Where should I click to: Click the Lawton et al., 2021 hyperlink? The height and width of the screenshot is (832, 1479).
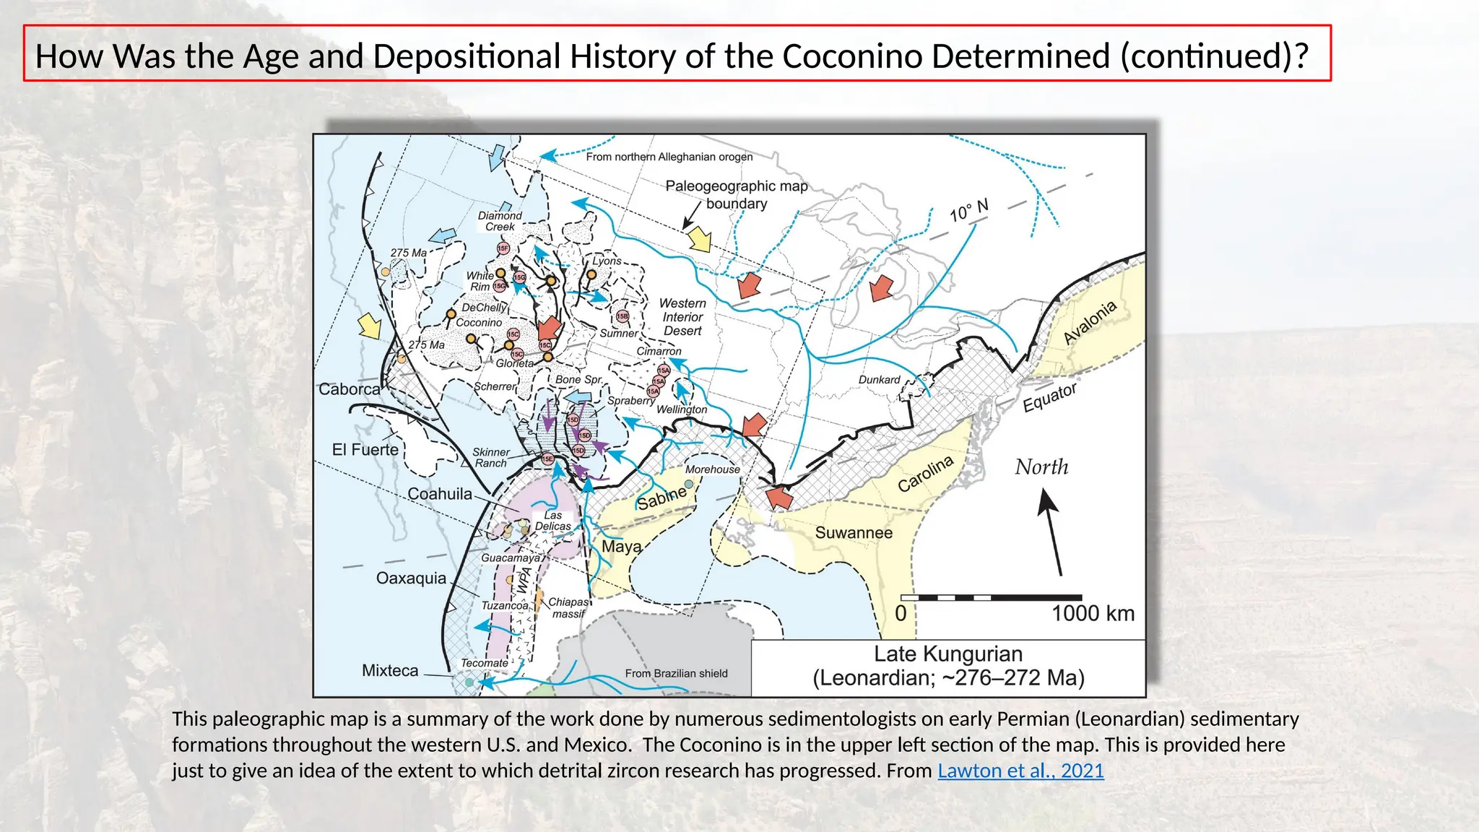1020,771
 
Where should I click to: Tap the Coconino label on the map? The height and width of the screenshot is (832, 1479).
479,323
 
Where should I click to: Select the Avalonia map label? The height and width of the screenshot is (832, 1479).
1090,321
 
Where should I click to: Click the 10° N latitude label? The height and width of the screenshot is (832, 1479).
968,211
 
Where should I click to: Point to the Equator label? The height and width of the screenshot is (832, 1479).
1049,397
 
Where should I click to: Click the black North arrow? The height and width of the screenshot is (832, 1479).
1051,532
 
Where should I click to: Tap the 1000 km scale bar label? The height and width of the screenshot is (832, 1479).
1093,614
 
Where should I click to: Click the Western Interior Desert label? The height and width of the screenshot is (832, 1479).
682,317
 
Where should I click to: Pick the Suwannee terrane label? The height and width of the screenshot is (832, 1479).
854,533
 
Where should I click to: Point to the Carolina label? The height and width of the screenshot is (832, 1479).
925,474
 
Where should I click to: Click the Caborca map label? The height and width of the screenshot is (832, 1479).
350,389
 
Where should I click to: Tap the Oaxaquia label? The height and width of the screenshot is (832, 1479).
411,578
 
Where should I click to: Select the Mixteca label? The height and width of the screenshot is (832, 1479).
390,671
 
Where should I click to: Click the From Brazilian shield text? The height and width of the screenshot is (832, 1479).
676,673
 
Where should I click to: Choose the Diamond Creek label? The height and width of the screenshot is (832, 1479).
500,221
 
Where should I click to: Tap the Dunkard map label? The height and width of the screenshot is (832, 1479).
879,380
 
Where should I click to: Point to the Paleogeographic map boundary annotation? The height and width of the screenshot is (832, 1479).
736,194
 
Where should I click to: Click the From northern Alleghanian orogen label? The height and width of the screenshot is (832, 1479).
669,157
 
